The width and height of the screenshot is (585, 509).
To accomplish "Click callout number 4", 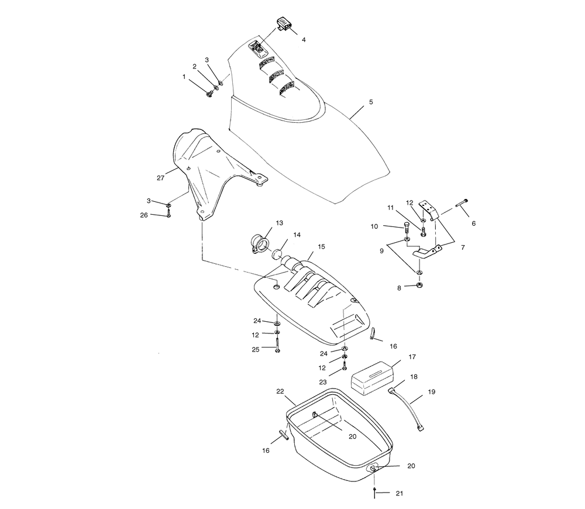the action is coord(303,40).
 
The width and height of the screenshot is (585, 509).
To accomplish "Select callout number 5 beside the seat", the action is coord(370,102).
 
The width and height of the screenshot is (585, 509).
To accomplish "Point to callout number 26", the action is coord(144,215).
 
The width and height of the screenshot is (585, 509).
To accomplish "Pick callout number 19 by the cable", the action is coord(431,391).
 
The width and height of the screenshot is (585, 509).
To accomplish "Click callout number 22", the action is coord(280,391).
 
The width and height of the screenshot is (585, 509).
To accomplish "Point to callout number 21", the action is coord(400,493).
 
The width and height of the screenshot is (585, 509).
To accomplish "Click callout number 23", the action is coord(323,381).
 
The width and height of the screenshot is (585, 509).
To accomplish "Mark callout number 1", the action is coord(185,77).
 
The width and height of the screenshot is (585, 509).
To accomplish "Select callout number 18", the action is coord(414,378).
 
